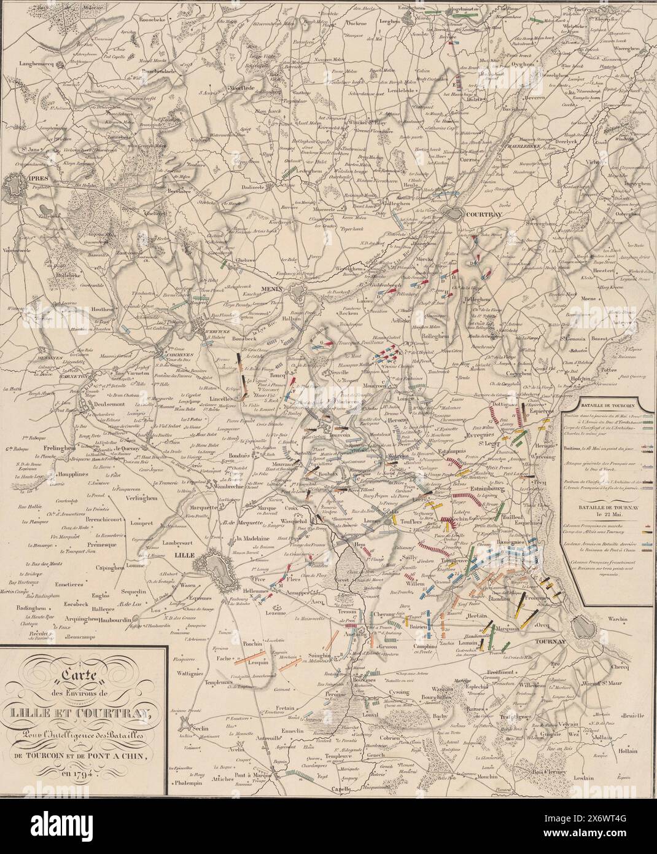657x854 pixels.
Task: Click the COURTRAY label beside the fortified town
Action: click(x=485, y=215)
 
